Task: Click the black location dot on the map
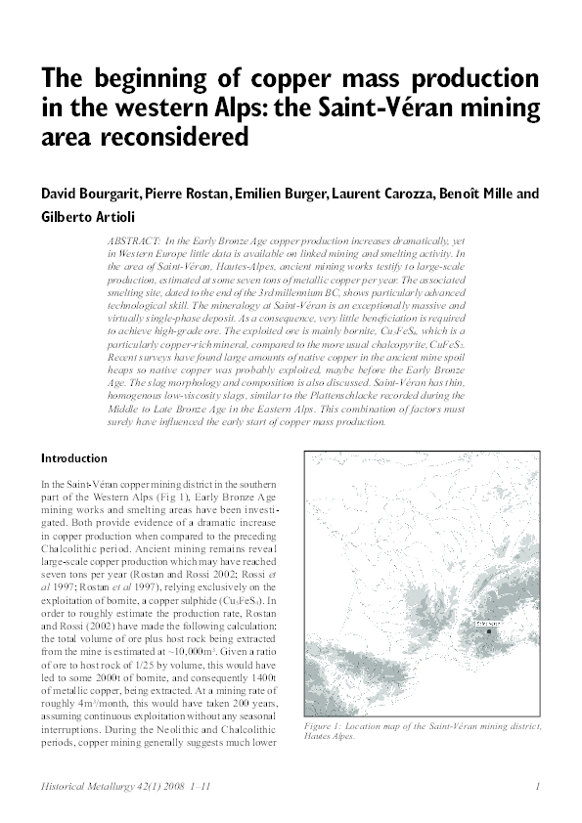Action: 488,632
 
